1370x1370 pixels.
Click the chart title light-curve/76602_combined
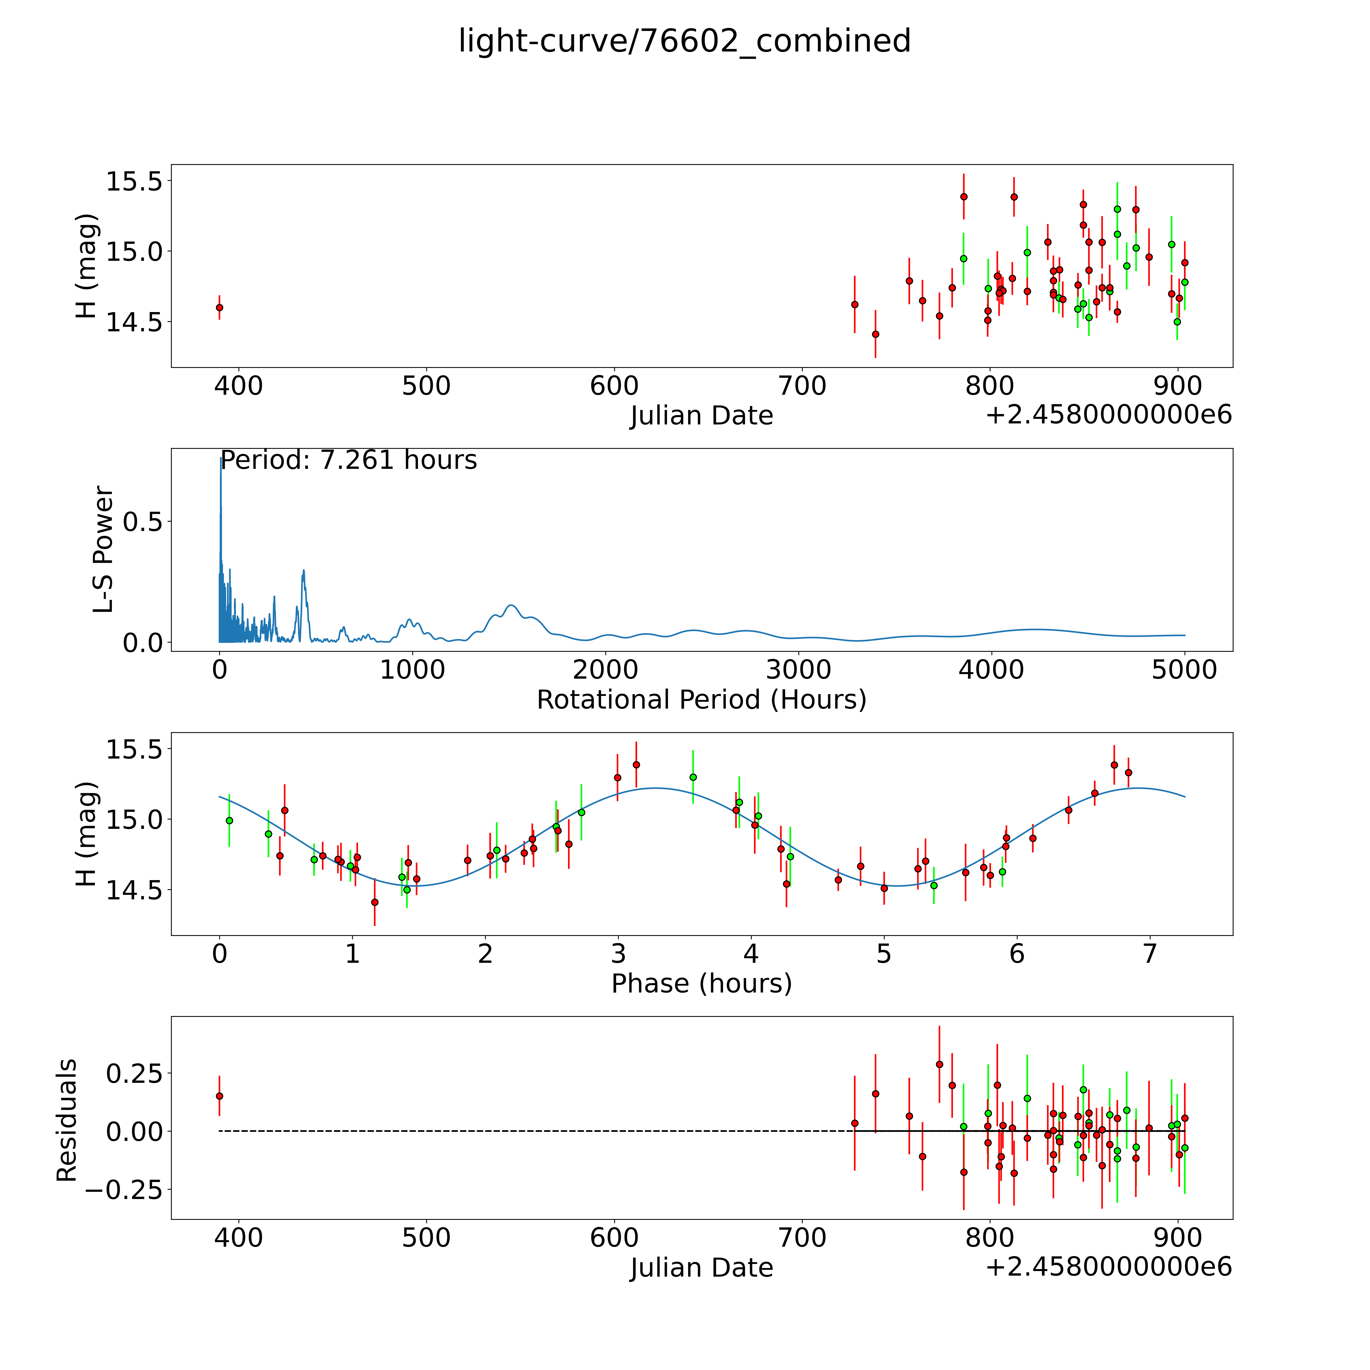pos(684,41)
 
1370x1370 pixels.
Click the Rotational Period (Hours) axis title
pos(701,700)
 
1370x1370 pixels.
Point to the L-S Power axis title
pos(104,550)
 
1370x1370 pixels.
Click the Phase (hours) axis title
pos(701,984)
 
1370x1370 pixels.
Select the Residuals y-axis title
pos(67,1120)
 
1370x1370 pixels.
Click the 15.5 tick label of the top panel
pos(134,182)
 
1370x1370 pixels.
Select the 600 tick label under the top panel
pos(614,386)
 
